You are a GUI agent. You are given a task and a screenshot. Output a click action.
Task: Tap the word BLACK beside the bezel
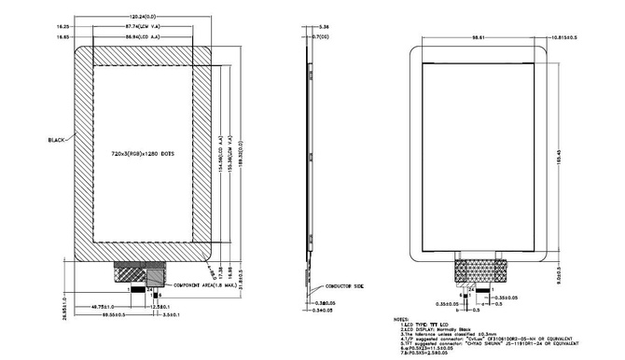click(57, 139)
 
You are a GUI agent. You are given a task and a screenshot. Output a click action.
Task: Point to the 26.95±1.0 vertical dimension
click(64, 299)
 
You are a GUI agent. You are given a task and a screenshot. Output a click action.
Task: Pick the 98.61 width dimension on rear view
click(479, 37)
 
